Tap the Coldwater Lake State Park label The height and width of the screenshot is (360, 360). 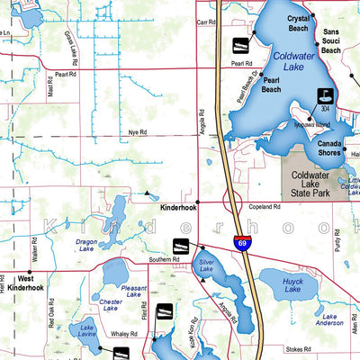313,184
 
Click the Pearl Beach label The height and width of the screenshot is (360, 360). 271,85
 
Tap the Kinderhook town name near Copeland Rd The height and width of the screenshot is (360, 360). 177,208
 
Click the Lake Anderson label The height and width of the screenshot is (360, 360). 330,319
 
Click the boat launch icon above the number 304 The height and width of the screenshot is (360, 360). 323,94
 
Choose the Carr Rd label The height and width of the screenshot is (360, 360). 206,22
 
